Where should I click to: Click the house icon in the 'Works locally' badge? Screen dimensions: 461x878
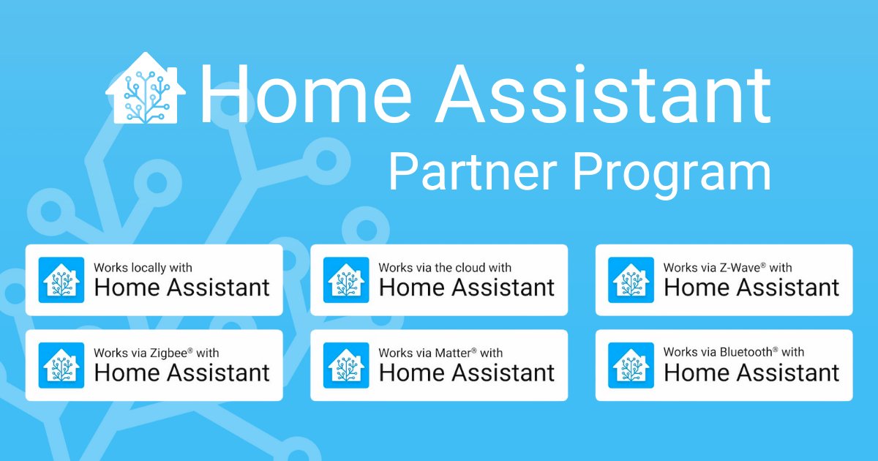(61, 280)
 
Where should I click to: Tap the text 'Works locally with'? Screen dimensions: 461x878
(143, 268)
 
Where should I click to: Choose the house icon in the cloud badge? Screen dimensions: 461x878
(346, 280)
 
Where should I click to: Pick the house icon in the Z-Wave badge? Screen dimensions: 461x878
(631, 280)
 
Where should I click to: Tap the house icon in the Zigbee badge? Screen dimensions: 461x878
(61, 365)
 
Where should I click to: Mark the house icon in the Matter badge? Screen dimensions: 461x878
(346, 365)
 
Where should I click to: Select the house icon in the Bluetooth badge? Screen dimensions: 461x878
(631, 365)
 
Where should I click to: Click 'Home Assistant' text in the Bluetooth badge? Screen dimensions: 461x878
(751, 372)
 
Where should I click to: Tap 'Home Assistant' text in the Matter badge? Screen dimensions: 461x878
(467, 372)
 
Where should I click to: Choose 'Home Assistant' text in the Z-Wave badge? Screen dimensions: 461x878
(751, 288)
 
